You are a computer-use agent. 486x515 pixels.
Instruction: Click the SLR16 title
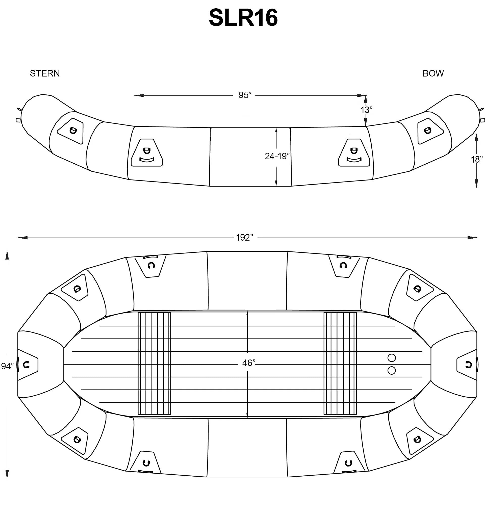243,18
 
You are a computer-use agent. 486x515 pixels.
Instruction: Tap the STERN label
45,73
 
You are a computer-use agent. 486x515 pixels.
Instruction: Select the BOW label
433,73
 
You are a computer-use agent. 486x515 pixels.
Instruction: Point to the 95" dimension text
245,95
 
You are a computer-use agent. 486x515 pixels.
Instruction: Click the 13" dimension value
366,110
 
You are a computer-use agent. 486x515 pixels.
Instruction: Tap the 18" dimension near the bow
477,160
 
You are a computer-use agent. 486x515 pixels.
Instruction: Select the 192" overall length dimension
244,238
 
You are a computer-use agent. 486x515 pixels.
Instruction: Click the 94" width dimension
7,366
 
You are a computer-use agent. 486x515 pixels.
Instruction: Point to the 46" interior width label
249,363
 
